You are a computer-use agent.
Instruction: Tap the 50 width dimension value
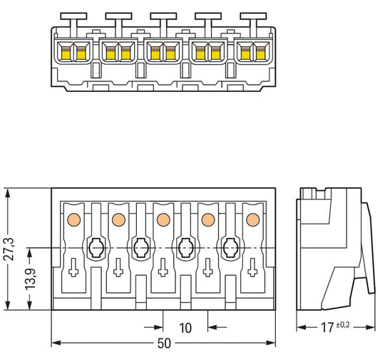pyautogui.click(x=163, y=344)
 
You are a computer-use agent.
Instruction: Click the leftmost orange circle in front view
pyautogui.click(x=73, y=220)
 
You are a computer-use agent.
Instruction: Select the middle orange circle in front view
pyautogui.click(x=163, y=220)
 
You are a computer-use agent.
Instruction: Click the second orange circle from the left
pyautogui.click(x=118, y=220)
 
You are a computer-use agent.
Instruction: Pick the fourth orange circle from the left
pyautogui.click(x=207, y=220)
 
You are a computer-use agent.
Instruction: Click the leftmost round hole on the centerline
pyautogui.click(x=96, y=247)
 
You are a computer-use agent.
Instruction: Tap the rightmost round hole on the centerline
pyautogui.click(x=230, y=247)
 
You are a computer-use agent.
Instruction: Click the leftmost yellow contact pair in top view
pyautogui.click(x=73, y=52)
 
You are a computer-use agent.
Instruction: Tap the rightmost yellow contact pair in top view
pyautogui.click(x=252, y=52)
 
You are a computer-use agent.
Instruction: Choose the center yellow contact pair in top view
pyautogui.click(x=163, y=52)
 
